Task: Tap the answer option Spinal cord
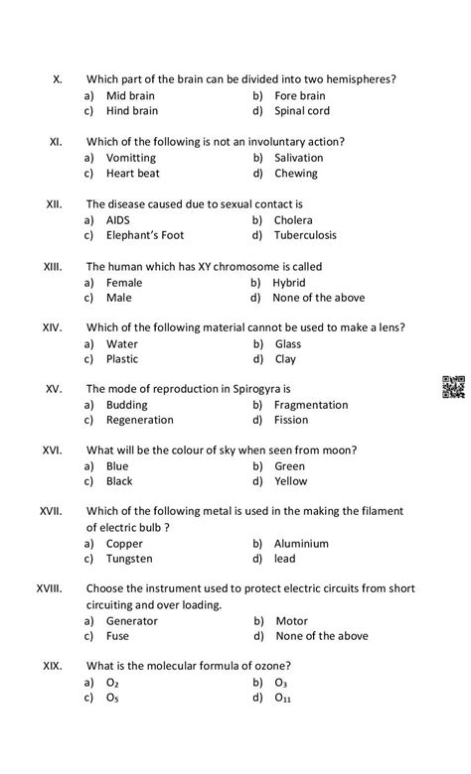point(302,111)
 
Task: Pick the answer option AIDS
point(118,219)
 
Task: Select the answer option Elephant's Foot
point(145,235)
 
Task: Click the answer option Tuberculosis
point(305,235)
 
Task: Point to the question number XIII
point(54,266)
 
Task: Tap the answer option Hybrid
point(289,282)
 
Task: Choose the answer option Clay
point(285,359)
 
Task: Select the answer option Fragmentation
point(311,405)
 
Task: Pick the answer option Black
point(119,481)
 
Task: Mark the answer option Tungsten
point(130,559)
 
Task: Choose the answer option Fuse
point(117,636)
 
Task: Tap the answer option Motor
point(291,621)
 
